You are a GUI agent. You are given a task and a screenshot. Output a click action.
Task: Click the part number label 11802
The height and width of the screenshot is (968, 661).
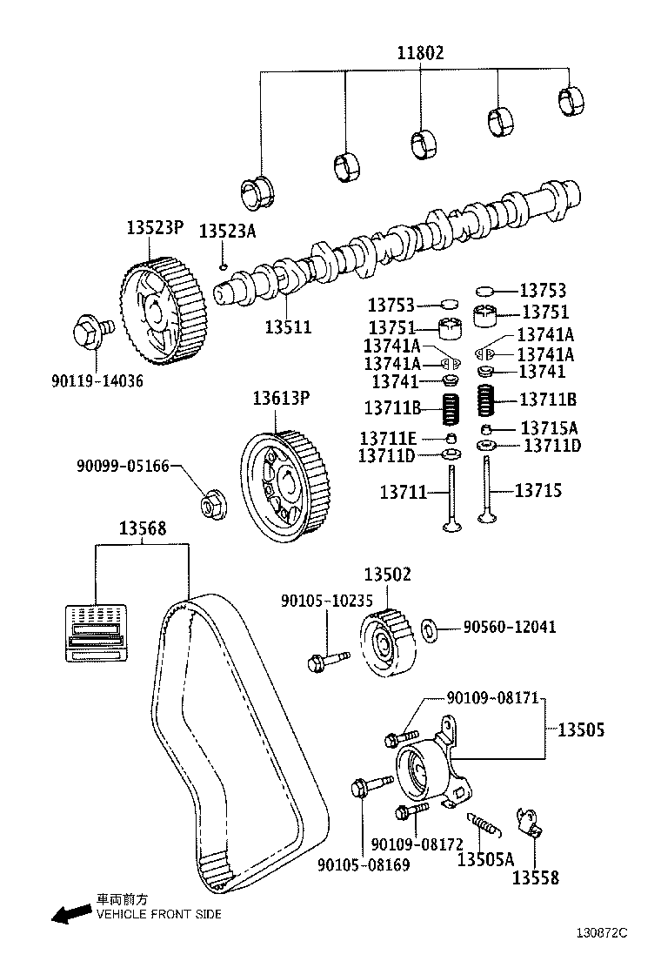[420, 53]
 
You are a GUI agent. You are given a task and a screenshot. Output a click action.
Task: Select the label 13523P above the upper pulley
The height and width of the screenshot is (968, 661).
[155, 229]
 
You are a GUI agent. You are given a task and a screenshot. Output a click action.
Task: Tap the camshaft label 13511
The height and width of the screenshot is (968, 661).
[288, 327]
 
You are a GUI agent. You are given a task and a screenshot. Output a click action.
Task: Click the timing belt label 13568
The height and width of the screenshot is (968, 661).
[143, 528]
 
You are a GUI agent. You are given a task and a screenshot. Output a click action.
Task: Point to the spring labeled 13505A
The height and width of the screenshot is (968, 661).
[482, 822]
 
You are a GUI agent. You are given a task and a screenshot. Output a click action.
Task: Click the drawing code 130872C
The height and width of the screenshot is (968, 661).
[601, 932]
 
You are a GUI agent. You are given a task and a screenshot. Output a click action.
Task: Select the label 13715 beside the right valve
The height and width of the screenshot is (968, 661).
[537, 491]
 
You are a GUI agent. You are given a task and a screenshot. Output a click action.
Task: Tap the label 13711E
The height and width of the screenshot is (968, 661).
[389, 437]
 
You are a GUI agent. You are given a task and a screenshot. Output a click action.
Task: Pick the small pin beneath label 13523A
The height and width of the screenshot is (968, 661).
[224, 266]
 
